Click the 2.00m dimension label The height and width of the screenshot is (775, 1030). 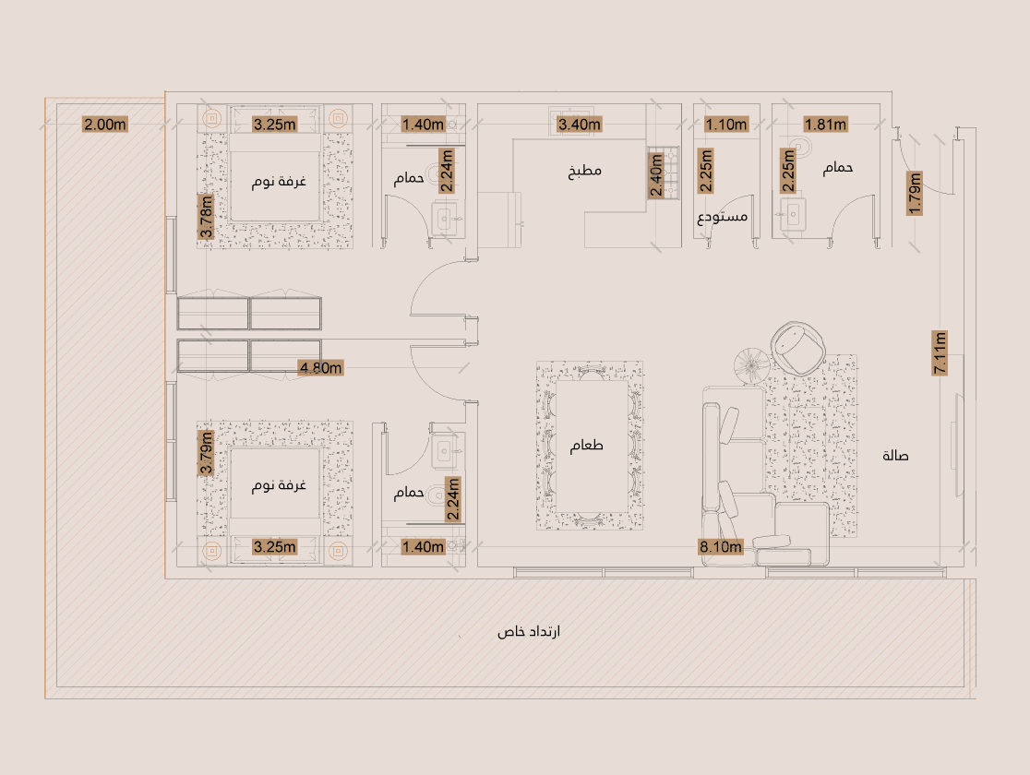(105, 125)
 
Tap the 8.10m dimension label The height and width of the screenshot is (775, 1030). (721, 546)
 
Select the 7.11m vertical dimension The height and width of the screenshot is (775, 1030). (940, 352)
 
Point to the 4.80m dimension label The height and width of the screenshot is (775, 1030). (320, 368)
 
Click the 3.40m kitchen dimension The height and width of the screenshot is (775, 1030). (580, 125)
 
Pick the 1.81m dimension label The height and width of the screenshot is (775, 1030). (826, 125)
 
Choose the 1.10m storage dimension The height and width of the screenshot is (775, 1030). (726, 125)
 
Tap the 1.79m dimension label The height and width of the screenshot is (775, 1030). (915, 193)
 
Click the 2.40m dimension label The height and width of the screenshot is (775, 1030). (655, 174)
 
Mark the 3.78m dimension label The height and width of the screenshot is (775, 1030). (206, 217)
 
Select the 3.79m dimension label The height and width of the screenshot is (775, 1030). (206, 452)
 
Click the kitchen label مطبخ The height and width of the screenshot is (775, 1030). (584, 172)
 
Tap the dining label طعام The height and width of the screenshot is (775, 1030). (587, 446)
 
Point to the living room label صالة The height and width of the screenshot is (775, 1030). (895, 455)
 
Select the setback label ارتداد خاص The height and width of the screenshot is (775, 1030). (529, 632)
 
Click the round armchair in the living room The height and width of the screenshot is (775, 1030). (797, 348)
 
